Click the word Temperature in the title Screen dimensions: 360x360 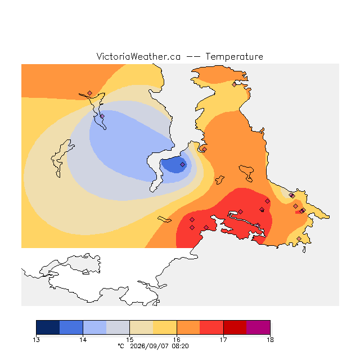coord(234,57)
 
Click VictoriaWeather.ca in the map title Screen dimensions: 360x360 coord(138,57)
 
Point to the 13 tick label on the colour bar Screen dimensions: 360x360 coord(36,340)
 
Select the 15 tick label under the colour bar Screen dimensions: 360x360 coord(130,340)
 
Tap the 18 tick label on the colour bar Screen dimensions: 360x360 coord(270,340)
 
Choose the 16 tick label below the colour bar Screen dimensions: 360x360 coord(177,340)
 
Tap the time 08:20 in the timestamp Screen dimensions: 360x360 coord(180,346)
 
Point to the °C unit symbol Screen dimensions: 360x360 coord(121,346)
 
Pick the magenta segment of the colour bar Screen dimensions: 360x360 coord(258,327)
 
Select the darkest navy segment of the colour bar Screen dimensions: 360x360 coord(48,327)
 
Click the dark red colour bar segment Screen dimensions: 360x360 coord(235,327)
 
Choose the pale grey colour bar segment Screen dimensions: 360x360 coord(118,327)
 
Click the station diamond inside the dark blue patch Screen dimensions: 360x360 coord(182,164)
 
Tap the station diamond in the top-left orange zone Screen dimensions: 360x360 coord(90,93)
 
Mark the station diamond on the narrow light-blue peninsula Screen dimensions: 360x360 coord(102,116)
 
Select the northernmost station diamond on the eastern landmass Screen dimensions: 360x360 coord(234,84)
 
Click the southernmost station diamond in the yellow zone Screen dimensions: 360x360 coord(299,238)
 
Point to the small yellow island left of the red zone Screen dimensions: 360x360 coord(164,219)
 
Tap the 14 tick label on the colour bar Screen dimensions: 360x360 coord(83,340)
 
